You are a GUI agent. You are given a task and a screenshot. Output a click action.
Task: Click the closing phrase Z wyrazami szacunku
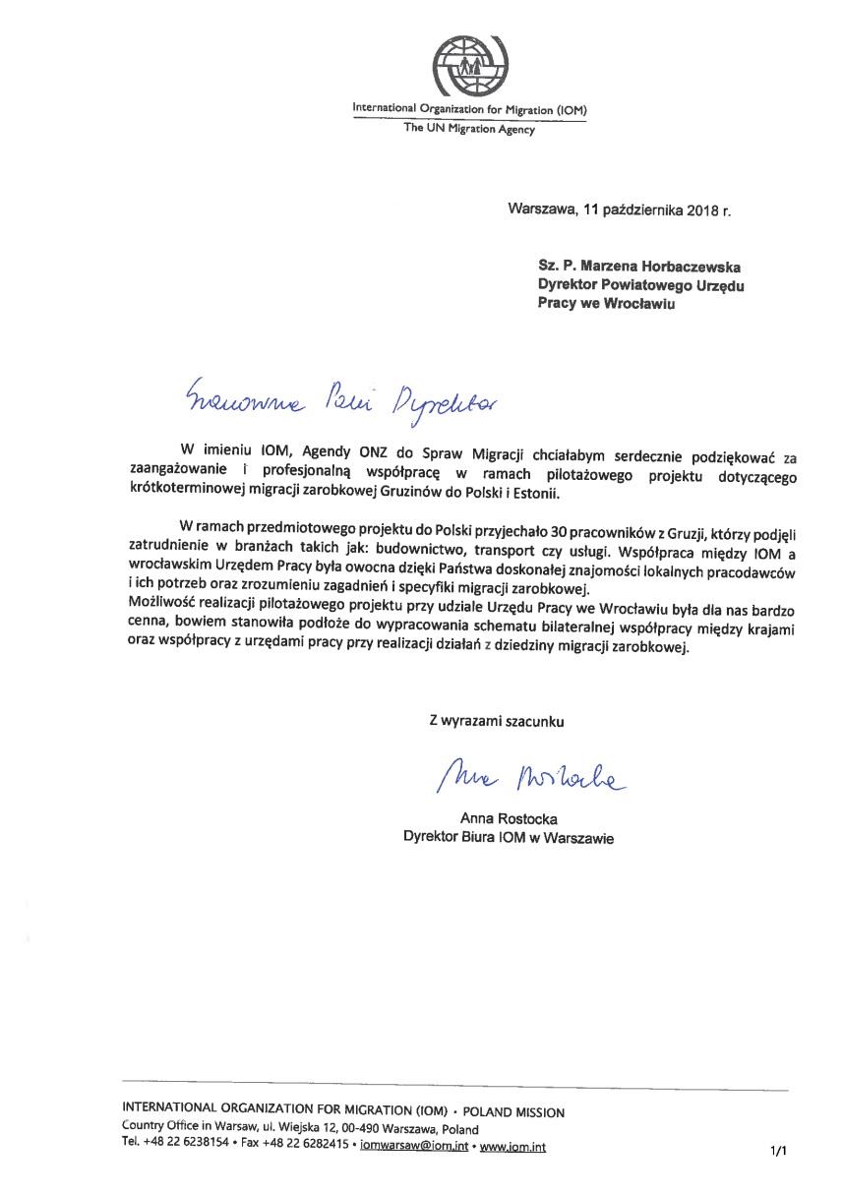[497, 721]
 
